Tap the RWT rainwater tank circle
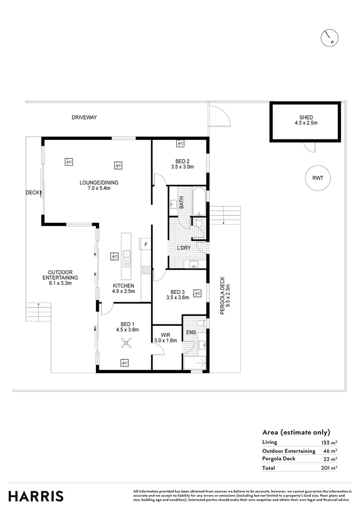click(317, 178)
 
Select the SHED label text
click(306, 118)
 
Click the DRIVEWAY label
click(84, 118)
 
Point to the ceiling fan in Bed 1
click(125, 344)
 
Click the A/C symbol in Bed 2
click(180, 144)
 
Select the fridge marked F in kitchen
click(146, 244)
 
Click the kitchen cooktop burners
click(146, 271)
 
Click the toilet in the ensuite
click(201, 323)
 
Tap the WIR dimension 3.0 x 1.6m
click(165, 340)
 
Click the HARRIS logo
click(35, 496)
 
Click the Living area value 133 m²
click(330, 442)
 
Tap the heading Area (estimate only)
click(296, 432)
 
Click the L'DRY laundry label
click(183, 248)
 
